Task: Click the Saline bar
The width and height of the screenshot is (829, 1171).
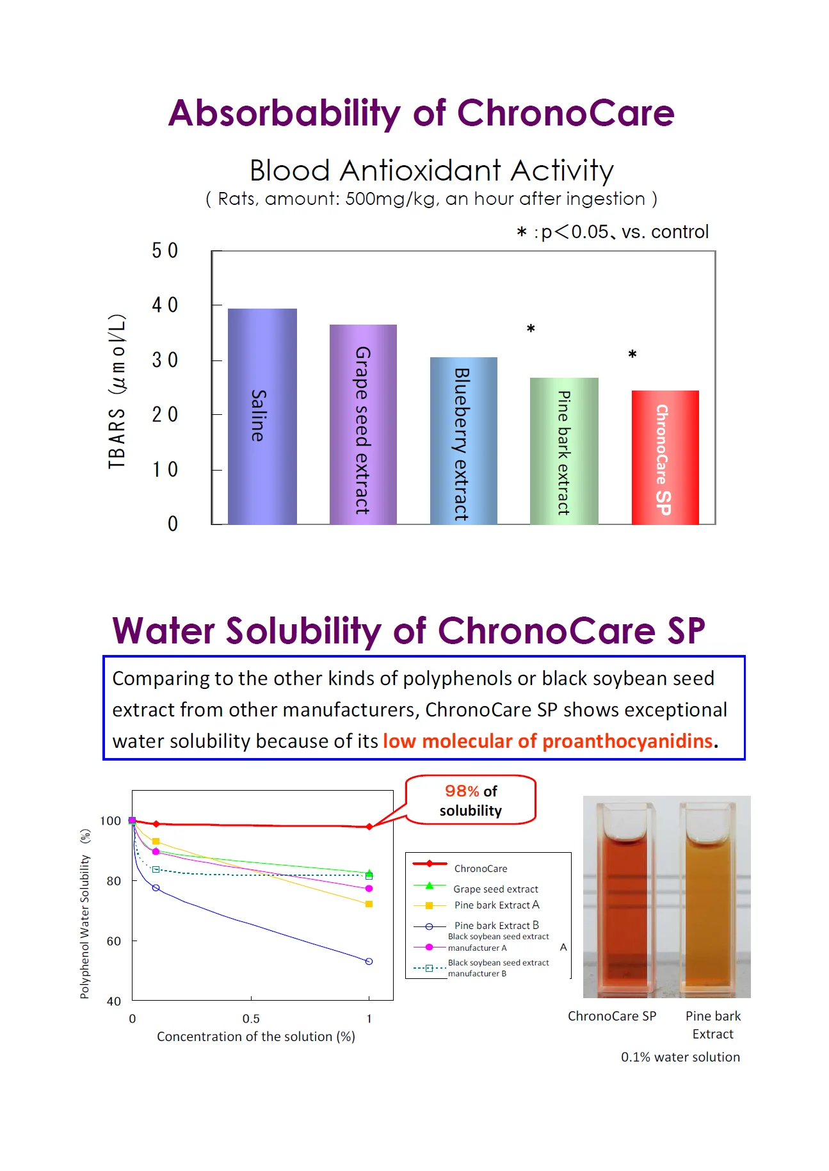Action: coord(262,416)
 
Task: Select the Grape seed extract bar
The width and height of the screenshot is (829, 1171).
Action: coord(363,424)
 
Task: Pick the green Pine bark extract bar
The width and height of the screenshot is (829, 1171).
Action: coord(564,451)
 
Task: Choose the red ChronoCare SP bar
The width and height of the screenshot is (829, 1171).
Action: coord(664,457)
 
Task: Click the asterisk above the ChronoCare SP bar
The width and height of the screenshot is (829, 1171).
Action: coord(632,355)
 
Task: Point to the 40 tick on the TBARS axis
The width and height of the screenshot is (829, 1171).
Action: coord(165,305)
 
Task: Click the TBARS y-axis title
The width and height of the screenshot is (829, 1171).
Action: coord(117,391)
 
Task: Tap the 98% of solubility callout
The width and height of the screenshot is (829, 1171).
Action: coord(471,800)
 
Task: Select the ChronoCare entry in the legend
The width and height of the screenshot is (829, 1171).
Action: coord(480,869)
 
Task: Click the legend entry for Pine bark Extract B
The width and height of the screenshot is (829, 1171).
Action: coord(496,926)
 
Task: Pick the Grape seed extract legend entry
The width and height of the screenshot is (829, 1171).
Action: coord(495,889)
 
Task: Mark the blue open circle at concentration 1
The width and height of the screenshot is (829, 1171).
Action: coord(369,962)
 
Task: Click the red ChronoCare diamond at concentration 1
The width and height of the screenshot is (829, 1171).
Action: coord(369,827)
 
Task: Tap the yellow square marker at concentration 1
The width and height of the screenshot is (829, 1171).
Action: coord(369,904)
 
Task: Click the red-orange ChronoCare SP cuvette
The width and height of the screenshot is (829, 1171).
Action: coord(619,903)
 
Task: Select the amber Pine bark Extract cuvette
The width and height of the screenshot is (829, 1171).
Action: coord(710,903)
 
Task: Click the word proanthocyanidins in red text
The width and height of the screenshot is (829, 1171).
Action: coord(627,741)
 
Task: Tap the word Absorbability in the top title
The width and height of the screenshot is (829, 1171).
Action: coord(284,113)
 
